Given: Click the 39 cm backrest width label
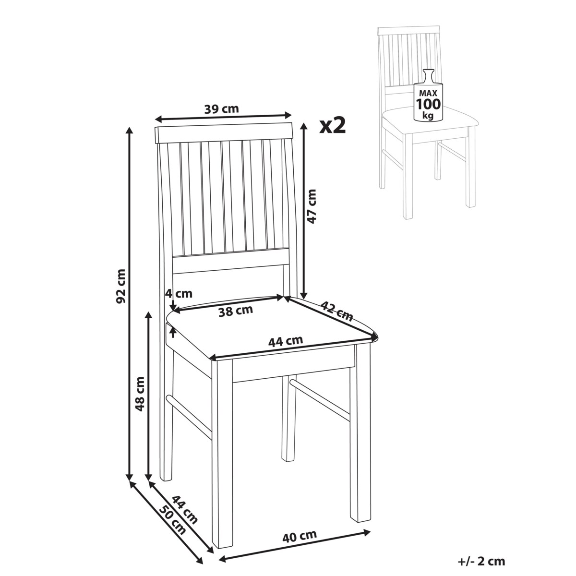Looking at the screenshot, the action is click(x=221, y=109).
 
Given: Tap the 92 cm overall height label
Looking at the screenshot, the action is click(x=121, y=287).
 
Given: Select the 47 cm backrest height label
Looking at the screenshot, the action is click(x=311, y=206).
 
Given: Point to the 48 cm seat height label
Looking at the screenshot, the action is click(x=140, y=394).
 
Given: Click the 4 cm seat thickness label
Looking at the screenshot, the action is click(x=179, y=294).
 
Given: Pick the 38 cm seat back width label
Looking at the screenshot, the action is click(x=236, y=311).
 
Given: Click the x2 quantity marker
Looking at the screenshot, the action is click(x=332, y=126).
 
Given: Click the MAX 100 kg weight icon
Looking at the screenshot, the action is click(x=428, y=96).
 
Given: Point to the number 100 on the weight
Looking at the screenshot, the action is click(x=428, y=104).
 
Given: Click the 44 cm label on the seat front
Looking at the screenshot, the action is click(x=285, y=342).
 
